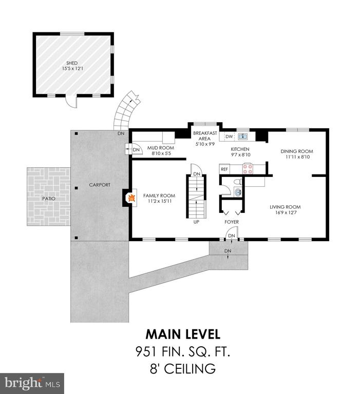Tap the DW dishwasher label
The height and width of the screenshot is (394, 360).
point(229,136)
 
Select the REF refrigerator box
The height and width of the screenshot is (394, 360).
point(224,169)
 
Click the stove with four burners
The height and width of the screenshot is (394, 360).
point(248,169)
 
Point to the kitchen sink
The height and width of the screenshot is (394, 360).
point(243,136)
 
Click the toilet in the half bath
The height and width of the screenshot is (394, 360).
point(238,182)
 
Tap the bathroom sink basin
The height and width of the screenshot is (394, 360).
point(238,192)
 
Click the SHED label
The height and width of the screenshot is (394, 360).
point(72,63)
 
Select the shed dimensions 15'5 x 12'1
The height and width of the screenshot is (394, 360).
point(72,68)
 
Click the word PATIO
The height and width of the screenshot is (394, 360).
point(49,199)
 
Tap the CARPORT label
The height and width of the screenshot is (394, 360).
point(100,185)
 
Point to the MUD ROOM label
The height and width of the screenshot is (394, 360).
point(161,148)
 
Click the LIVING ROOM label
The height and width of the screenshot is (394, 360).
point(285,207)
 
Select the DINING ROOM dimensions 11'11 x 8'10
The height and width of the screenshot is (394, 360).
point(298,157)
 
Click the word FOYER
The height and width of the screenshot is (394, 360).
point(232,222)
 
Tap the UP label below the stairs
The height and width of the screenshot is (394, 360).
point(196,222)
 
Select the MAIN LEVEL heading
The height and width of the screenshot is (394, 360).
point(183,334)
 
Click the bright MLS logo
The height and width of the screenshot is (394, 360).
point(32,383)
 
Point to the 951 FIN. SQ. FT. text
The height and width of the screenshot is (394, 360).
point(183,351)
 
